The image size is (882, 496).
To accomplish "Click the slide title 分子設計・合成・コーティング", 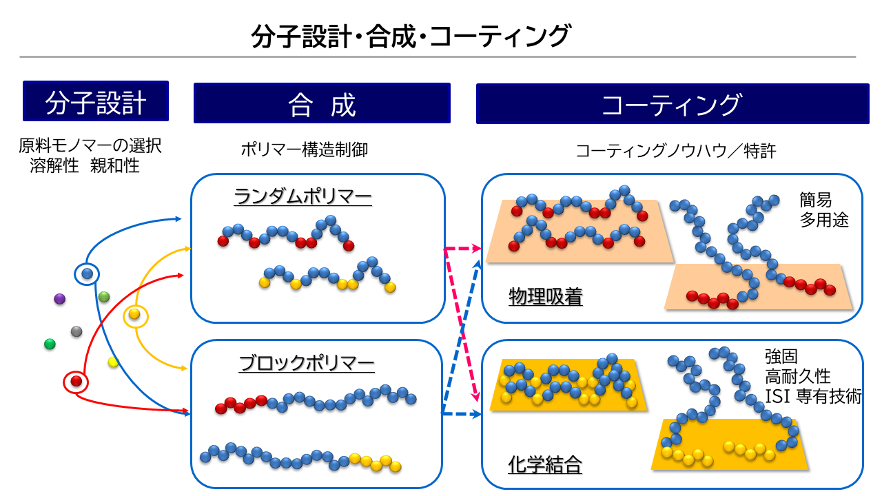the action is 411,36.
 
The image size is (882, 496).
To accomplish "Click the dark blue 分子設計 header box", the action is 96,101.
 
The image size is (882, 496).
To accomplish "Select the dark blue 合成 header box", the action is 322,104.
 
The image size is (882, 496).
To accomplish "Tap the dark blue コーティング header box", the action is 672,104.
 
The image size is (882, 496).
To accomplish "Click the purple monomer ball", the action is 59,299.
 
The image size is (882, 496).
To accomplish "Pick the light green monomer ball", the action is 104,297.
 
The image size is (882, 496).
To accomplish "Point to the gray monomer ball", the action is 76,332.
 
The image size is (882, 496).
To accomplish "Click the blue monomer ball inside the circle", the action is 87,273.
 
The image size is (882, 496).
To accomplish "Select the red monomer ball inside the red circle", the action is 76,381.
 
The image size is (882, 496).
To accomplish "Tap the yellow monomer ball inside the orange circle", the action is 134,315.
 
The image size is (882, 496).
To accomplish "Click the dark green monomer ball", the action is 50,344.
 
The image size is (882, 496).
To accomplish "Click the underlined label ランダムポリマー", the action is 303,198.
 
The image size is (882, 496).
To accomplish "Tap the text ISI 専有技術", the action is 813,396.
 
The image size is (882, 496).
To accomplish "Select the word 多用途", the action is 823,220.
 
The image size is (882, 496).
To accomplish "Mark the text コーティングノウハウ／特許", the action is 675,151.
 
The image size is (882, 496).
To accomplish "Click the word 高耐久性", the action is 797,377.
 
